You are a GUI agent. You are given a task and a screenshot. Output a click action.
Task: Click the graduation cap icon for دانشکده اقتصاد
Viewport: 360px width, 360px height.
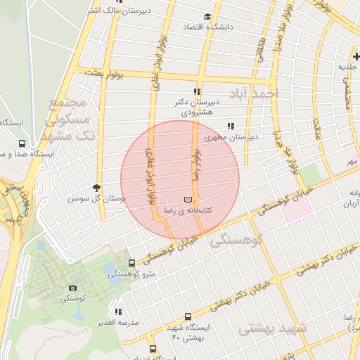(207, 17)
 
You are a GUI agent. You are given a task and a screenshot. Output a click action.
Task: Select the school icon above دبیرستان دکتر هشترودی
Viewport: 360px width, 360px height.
(198, 91)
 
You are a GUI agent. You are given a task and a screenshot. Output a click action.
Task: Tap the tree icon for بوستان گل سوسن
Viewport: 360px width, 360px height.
(96, 187)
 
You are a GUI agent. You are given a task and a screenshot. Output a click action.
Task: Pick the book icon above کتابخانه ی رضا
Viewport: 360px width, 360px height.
(188, 199)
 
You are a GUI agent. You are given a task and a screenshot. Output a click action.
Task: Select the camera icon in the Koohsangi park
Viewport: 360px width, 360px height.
(73, 288)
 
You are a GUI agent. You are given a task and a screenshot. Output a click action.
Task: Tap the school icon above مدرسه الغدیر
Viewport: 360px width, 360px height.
(118, 311)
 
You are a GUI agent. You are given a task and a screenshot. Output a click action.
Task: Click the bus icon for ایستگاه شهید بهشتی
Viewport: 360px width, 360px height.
(188, 316)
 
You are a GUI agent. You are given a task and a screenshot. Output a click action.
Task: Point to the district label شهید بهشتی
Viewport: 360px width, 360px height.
(273, 328)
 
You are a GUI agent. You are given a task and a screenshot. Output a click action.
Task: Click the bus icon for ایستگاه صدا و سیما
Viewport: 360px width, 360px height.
(22, 143)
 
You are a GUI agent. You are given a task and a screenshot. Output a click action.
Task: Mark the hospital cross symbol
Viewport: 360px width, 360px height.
(356, 56)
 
